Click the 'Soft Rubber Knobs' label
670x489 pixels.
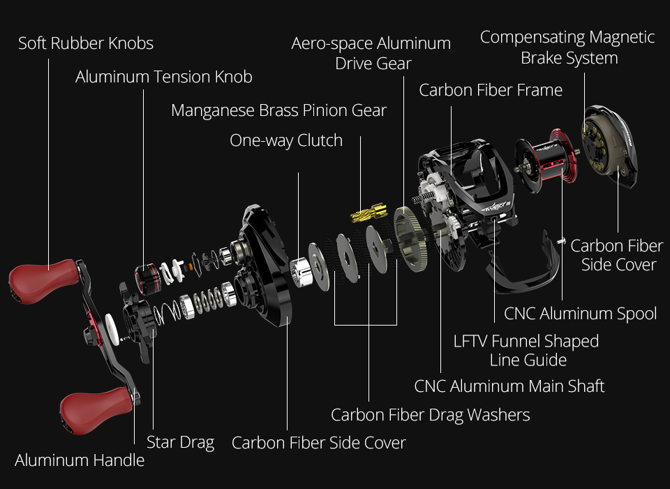click(86, 43)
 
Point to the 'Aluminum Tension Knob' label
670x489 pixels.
click(163, 77)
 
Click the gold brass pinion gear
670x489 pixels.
click(368, 212)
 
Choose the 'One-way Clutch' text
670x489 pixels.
click(286, 140)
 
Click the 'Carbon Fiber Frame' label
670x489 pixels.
click(491, 90)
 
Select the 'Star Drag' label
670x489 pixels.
click(180, 442)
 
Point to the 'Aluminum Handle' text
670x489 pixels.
click(80, 460)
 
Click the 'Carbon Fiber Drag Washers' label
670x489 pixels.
click(431, 415)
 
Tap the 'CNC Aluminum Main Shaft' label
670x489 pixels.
click(509, 386)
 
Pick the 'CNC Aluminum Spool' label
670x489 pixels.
click(580, 314)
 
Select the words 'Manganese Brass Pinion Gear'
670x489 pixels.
click(278, 110)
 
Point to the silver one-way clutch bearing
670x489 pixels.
click(301, 272)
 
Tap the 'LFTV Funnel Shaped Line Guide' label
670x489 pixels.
click(526, 351)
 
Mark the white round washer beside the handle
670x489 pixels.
click(112, 329)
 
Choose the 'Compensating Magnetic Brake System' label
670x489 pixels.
click(567, 48)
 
